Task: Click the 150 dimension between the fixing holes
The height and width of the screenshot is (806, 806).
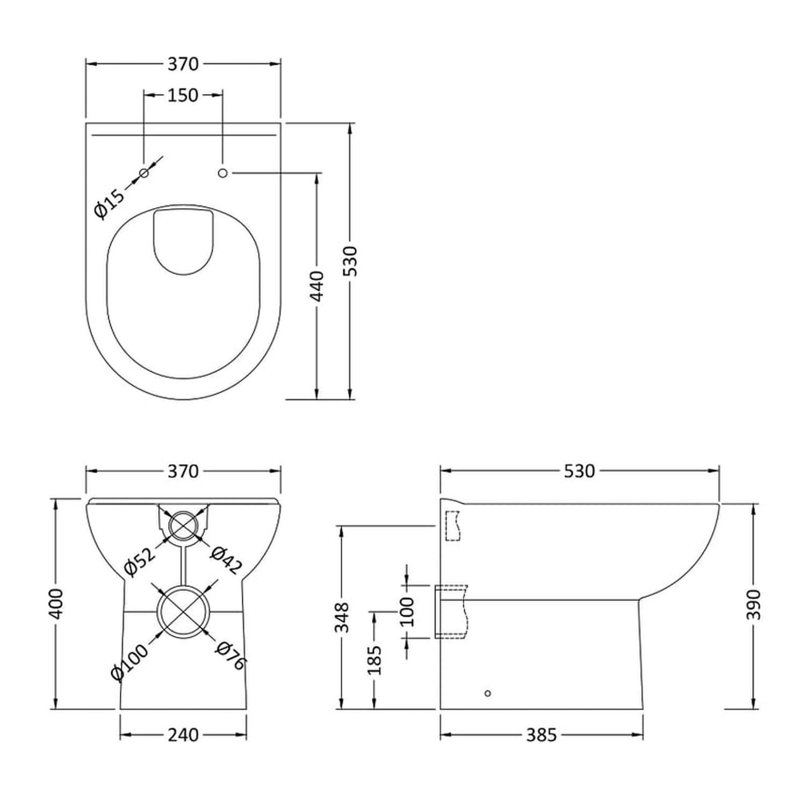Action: point(183,95)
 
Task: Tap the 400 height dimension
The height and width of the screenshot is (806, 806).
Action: point(56,604)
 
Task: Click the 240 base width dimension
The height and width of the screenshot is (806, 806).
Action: point(183,735)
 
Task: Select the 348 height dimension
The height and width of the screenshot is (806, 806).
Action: point(342,617)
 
